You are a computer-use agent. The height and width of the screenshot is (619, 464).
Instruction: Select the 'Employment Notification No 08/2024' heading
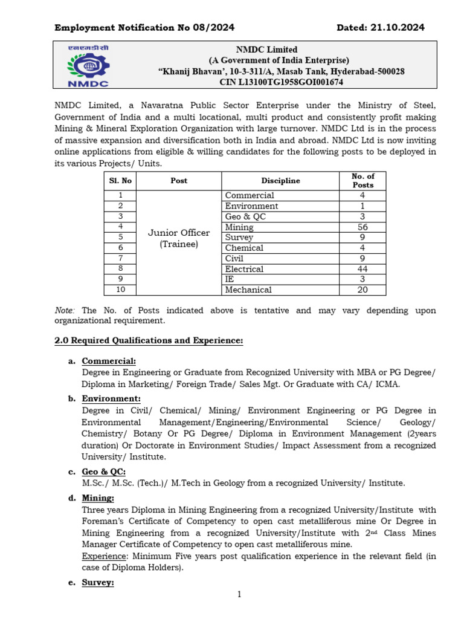coord(144,27)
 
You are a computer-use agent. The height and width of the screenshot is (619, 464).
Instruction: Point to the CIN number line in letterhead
coord(281,82)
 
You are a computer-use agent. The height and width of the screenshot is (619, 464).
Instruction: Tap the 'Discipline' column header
coord(280,181)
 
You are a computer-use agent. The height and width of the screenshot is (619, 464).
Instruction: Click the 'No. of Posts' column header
coord(363,181)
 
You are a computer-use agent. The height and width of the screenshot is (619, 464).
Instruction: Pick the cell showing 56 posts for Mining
coord(363,227)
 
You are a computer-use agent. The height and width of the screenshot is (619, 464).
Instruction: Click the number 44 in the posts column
coord(363,269)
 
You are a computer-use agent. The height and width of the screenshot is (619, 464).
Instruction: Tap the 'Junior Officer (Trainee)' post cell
coord(179,238)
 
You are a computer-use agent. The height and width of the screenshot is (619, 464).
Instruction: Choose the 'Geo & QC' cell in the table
coord(245,216)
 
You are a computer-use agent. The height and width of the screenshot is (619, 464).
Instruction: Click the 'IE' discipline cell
coord(230,279)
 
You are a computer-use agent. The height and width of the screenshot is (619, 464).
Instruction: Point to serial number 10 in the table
coord(120,290)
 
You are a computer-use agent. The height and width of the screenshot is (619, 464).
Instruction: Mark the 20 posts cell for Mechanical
coord(363,290)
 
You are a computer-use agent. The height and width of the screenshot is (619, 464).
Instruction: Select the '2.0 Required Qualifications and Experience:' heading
coord(149,341)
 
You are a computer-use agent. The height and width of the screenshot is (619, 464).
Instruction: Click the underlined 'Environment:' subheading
coord(111,399)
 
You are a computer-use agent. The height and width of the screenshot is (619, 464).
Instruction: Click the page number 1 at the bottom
coord(239,595)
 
